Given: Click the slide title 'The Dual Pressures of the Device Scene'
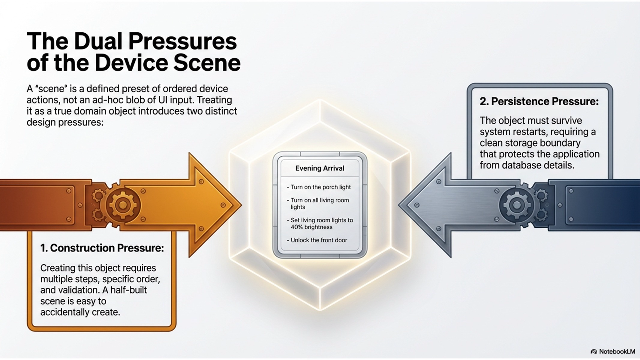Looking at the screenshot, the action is [134, 52].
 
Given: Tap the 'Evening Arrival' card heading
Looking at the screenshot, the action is [320, 168].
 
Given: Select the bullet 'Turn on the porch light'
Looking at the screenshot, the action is [319, 187].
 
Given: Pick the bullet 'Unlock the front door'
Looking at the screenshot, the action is [317, 240].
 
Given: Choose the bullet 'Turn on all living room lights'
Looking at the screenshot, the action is [318, 203].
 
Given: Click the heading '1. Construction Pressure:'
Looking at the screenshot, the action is [102, 248].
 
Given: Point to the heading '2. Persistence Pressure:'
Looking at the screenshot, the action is [539, 101].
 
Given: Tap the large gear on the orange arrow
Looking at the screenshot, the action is [122, 205].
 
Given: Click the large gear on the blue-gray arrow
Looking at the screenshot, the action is [517, 205].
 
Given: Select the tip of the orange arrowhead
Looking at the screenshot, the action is [242, 205].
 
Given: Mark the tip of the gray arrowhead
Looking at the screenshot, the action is [399, 205].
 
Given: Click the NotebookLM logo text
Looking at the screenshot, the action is [617, 352].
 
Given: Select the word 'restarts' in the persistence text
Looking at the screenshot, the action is [533, 132].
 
